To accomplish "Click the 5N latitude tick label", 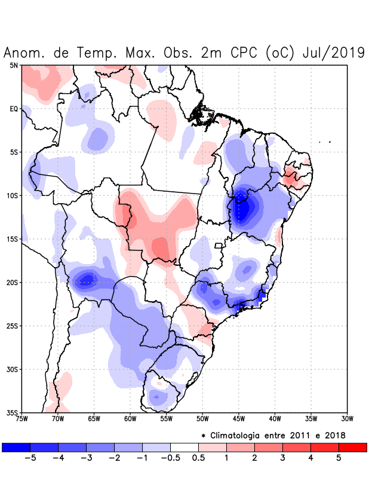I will pos(14,65).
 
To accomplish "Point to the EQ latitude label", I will pos(14,109).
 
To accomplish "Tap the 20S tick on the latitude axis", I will pos(13,282).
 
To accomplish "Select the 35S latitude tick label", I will pos(13,412).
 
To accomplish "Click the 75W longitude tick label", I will pos(22,418).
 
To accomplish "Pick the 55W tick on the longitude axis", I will pos(165,418).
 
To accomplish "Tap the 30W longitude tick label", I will pos(347,418).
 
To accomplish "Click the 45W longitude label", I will pos(238,418).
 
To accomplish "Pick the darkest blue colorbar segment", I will pos(16,448).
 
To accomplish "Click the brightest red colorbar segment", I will pos(352,448).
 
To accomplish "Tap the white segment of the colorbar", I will pos(184,448).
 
